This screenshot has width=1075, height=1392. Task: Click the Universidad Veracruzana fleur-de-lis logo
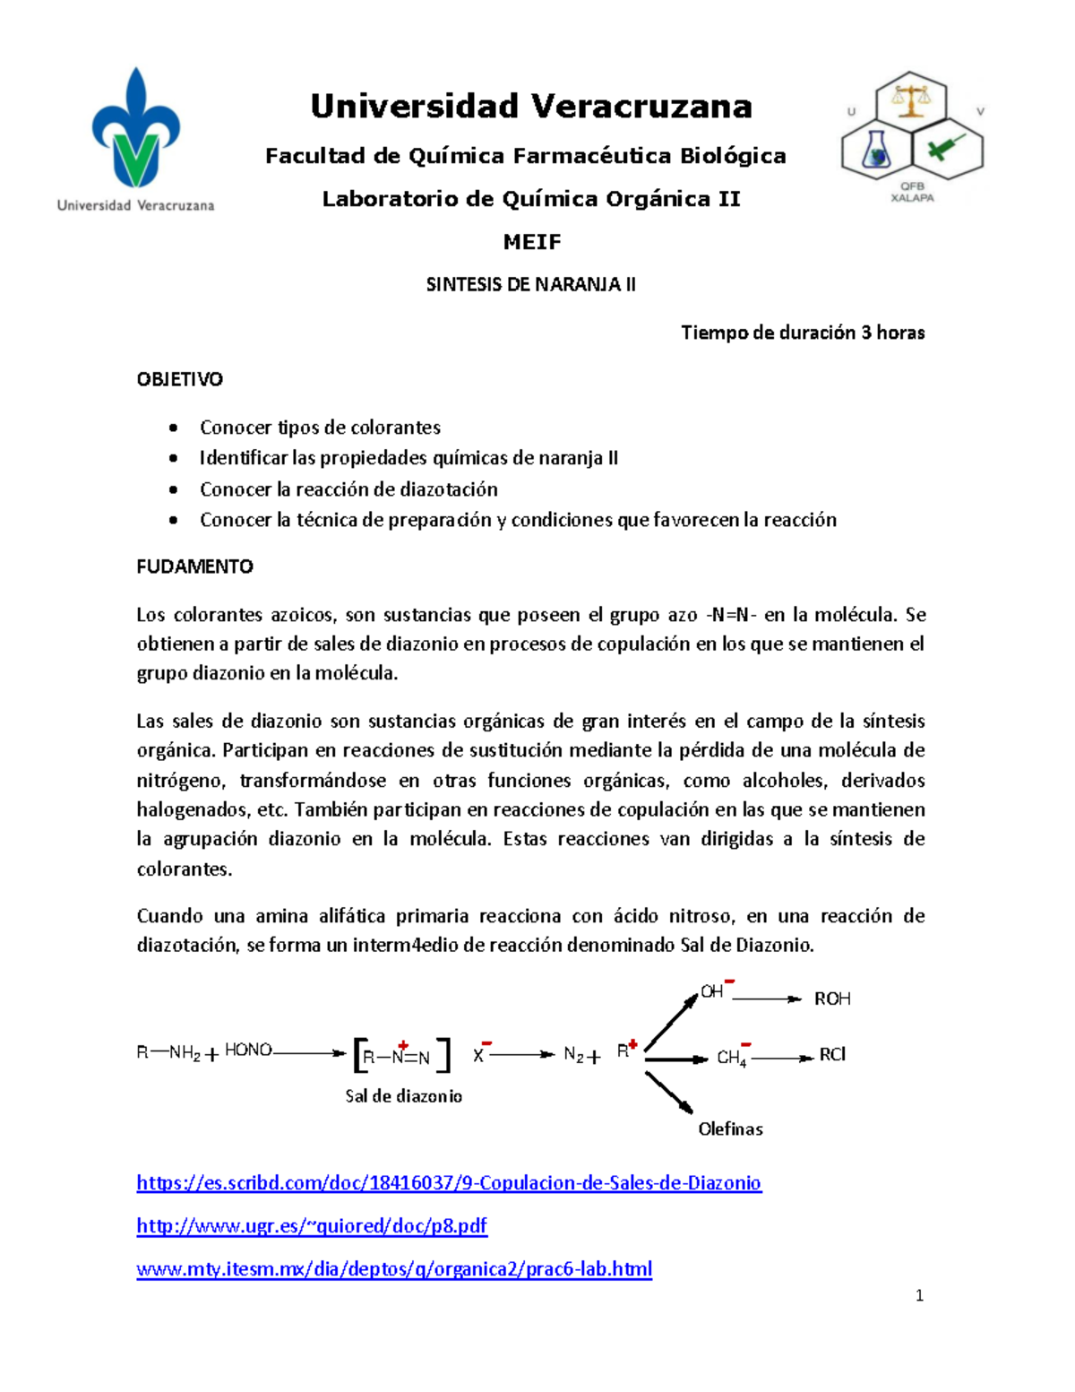(x=135, y=130)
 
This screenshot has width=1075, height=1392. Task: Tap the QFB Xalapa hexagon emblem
(x=912, y=130)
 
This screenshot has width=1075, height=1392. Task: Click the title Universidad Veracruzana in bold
(x=531, y=107)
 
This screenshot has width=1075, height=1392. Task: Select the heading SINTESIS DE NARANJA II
(x=530, y=285)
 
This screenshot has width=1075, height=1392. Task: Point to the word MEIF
(x=531, y=242)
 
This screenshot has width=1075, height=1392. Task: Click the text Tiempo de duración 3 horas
(x=803, y=333)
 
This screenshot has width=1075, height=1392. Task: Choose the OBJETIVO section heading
(x=179, y=379)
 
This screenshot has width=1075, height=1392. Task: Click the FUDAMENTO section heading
(x=194, y=566)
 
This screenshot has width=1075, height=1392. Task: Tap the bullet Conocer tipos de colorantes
(x=320, y=428)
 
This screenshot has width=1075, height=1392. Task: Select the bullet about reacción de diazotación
(x=348, y=489)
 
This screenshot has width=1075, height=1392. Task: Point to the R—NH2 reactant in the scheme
(x=168, y=1053)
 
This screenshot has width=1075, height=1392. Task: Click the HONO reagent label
(x=248, y=1050)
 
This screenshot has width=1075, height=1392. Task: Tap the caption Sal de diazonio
(x=403, y=1096)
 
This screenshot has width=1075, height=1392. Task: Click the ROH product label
(x=831, y=999)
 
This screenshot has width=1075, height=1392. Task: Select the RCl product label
(x=832, y=1055)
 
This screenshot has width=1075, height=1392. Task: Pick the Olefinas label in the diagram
(x=730, y=1129)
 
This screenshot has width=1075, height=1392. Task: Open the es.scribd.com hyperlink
(x=448, y=1183)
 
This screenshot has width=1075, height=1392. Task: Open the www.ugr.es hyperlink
(x=312, y=1226)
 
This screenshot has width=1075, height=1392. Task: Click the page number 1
(x=919, y=1295)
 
